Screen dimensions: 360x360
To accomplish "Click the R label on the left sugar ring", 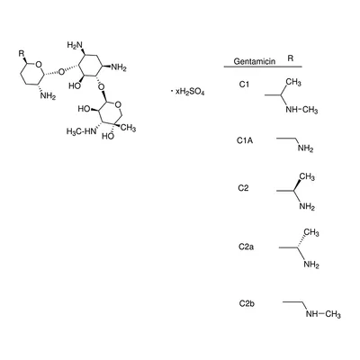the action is [x=22, y=54].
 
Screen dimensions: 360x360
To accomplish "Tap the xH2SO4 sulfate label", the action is [x=190, y=92].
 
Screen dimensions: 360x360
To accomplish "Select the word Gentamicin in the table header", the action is [x=255, y=61].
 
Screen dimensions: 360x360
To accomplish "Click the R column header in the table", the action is [x=290, y=58].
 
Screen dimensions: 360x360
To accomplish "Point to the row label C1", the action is [x=244, y=85].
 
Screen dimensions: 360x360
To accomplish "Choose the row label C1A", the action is [x=245, y=140].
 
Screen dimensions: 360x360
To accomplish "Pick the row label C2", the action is [x=243, y=188].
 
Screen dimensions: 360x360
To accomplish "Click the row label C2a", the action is [x=246, y=247].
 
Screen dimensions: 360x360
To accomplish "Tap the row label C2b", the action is [x=247, y=303].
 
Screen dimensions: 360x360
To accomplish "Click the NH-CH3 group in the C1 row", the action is [x=301, y=110].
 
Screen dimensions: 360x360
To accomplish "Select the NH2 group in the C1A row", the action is [x=306, y=148].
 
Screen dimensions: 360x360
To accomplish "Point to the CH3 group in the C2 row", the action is [x=307, y=177].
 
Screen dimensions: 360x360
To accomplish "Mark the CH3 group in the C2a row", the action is [x=311, y=232].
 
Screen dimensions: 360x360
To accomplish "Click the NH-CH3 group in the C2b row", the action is [x=323, y=314].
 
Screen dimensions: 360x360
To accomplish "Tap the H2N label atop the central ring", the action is [x=75, y=45].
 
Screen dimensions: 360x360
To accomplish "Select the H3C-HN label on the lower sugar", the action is [x=80, y=131].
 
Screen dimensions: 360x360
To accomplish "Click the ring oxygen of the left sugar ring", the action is [x=38, y=65].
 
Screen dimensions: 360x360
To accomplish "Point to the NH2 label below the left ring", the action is [x=48, y=96].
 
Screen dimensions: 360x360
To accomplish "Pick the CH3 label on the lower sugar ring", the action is [x=128, y=129].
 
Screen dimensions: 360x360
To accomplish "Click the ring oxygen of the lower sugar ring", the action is [x=118, y=105].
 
